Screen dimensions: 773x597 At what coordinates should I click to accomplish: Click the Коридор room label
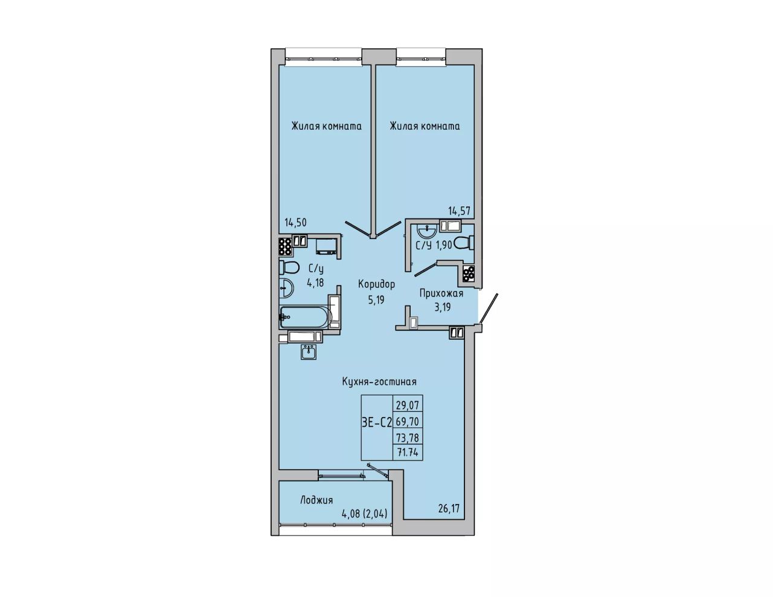(376, 285)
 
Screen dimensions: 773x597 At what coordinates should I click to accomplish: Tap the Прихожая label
(441, 294)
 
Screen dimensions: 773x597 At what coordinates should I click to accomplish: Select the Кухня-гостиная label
(379, 382)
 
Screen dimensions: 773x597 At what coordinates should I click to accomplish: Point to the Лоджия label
(316, 500)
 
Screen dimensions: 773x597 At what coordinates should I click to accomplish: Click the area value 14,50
(295, 223)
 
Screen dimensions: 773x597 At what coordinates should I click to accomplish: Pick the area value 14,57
(459, 211)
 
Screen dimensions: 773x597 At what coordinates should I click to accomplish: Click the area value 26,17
(449, 508)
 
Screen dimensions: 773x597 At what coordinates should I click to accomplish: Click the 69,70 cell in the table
(408, 422)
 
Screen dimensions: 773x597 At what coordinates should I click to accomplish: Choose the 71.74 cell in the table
(408, 453)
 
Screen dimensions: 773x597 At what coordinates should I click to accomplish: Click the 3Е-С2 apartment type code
(376, 423)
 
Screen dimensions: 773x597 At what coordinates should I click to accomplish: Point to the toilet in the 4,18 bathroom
(289, 267)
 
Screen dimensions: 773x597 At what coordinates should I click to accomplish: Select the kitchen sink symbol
(309, 352)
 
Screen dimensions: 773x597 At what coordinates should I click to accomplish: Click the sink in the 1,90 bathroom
(427, 231)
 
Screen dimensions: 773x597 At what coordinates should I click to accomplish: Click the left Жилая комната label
(326, 127)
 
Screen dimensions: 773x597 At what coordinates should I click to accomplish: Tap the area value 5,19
(376, 301)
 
